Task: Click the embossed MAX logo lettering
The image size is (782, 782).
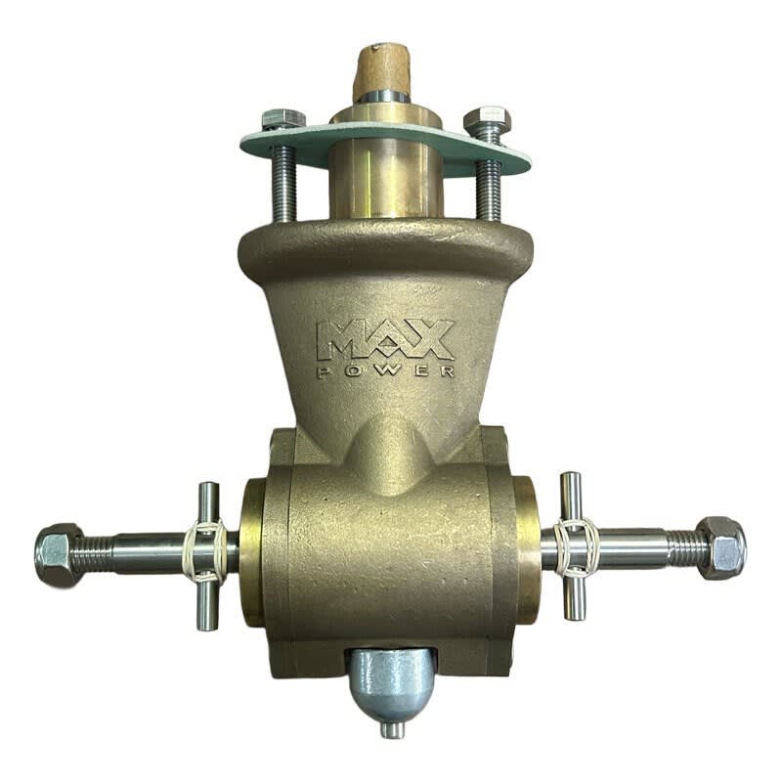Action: tap(385, 339)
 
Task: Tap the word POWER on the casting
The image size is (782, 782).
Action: tap(385, 371)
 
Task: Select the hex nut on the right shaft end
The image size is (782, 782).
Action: tap(721, 547)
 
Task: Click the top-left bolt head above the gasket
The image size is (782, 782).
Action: tap(282, 120)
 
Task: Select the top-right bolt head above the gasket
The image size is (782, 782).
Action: tap(487, 121)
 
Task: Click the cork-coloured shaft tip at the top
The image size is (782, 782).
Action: tap(383, 68)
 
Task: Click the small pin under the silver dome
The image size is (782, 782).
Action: tap(392, 729)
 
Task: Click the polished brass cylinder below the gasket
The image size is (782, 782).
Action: tap(385, 181)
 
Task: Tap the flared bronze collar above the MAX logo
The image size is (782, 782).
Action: tap(385, 249)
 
